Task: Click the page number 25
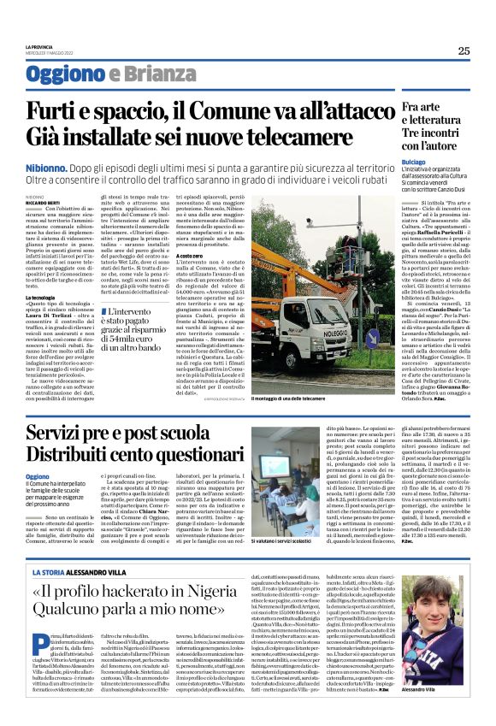coord(464,50)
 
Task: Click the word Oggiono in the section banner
coord(59,72)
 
